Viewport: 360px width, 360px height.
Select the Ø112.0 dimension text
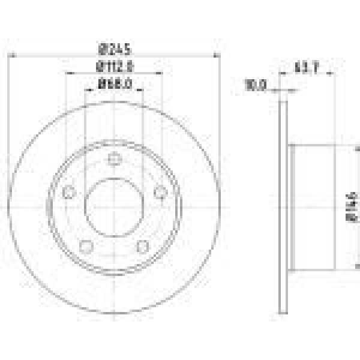tap(114, 67)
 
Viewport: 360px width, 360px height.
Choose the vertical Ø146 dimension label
tap(352, 207)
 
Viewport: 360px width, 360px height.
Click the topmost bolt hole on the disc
tap(114, 159)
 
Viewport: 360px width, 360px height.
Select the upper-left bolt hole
tap(68, 192)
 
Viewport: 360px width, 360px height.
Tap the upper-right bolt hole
tap(160, 192)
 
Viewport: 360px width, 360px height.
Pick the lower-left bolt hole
tap(86, 245)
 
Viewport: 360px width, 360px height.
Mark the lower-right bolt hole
tap(142, 245)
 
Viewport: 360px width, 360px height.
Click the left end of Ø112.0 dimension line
tap(65, 74)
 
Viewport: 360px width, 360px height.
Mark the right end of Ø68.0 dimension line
tap(143, 91)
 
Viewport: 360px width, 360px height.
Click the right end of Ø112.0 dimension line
tap(163, 74)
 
